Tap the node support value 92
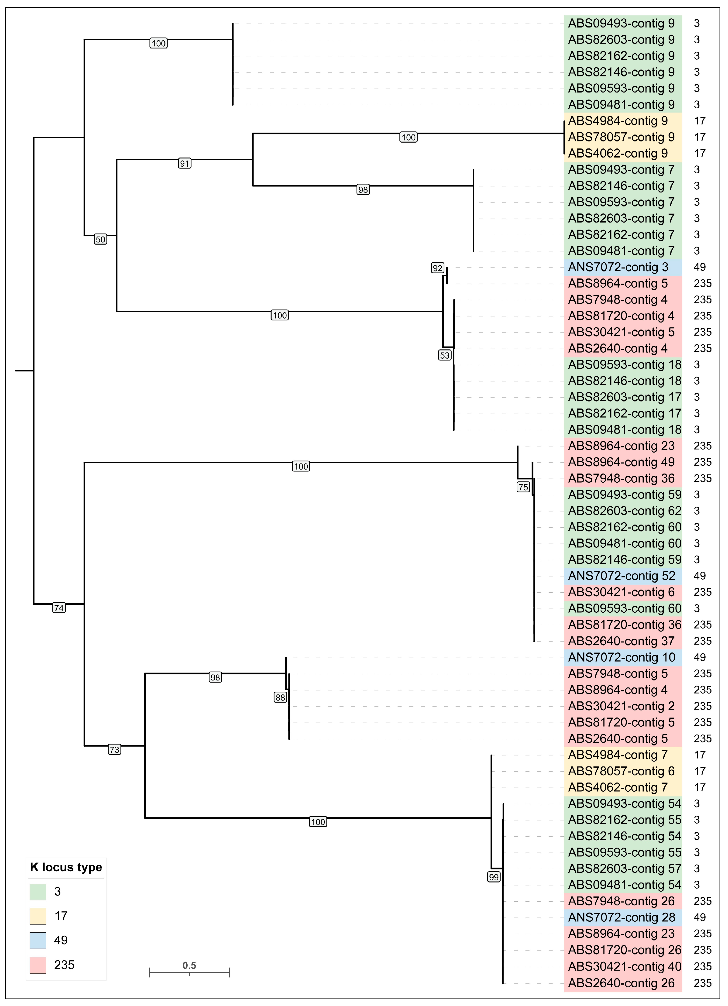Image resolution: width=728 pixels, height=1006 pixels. (437, 268)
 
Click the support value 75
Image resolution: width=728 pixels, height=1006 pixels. (523, 487)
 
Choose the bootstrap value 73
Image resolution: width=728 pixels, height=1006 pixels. (114, 750)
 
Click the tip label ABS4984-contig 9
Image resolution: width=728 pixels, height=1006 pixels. (618, 121)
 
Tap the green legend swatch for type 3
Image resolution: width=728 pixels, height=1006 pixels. (38, 892)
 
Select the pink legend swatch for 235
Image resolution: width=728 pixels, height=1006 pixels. (38, 965)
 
